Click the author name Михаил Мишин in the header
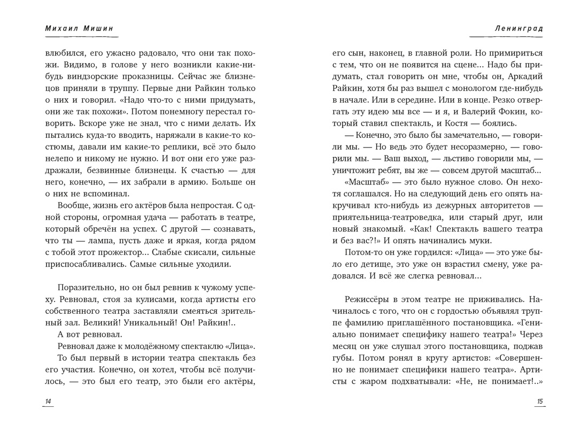pos(80,28)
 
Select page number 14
pos(48,401)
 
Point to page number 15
pos(539,401)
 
